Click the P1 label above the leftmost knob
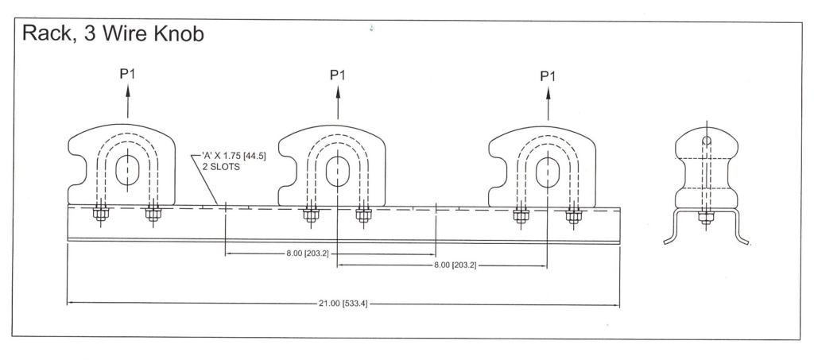coord(128,74)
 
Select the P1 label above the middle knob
coord(338,75)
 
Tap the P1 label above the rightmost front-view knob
coord(548,75)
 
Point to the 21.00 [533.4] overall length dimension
coord(343,304)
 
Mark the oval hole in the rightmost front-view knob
coord(547,173)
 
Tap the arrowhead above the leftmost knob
coord(128,88)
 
